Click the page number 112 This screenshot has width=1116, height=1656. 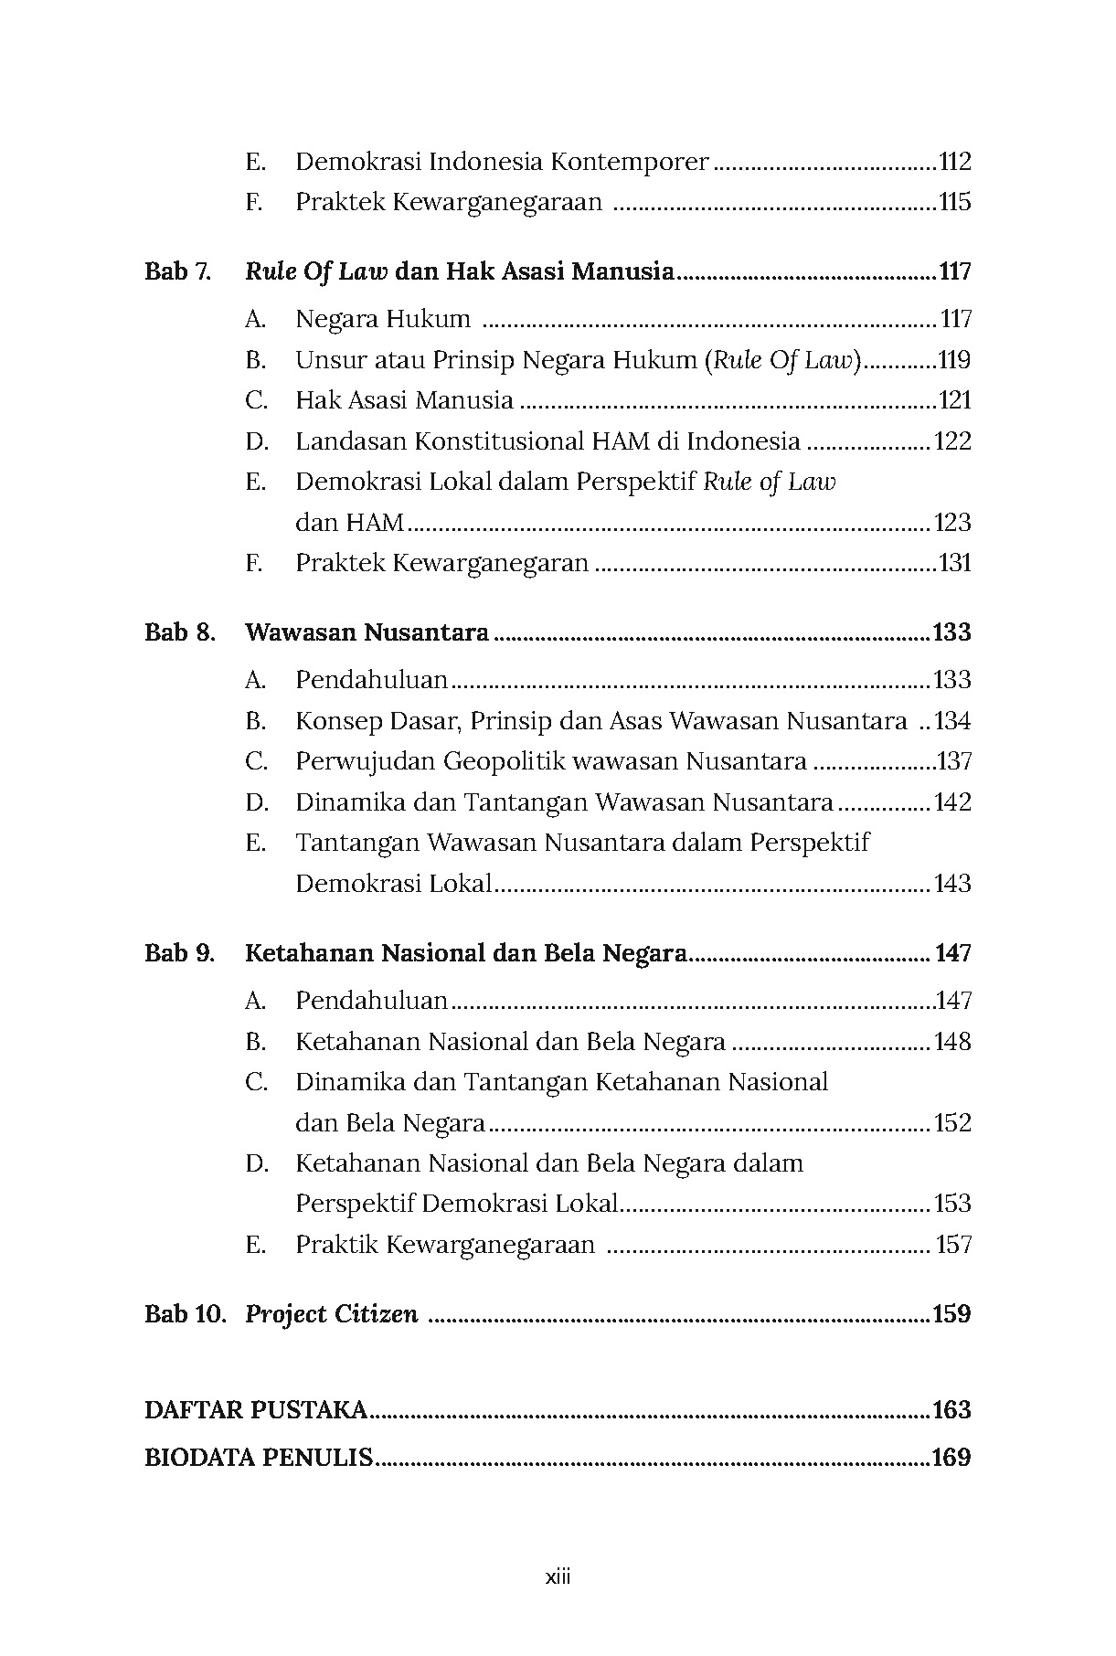click(954, 163)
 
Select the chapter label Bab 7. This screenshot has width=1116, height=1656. click(177, 271)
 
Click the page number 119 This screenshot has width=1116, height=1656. click(954, 360)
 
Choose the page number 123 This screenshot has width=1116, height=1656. click(951, 523)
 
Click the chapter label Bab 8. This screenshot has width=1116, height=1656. click(179, 632)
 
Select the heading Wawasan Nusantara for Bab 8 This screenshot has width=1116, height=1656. click(367, 632)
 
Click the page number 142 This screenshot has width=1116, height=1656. click(951, 802)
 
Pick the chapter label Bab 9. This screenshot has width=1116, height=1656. click(179, 953)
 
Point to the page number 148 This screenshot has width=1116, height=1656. click(951, 1042)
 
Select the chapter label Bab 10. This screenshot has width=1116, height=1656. click(185, 1314)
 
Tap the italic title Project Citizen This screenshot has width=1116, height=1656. click(332, 1314)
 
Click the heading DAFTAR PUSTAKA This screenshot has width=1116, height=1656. click(256, 1410)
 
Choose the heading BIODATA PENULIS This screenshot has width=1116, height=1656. click(259, 1458)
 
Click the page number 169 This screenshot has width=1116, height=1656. click(951, 1458)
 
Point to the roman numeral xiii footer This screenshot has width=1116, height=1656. click(558, 1576)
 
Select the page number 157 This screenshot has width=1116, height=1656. click(954, 1245)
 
